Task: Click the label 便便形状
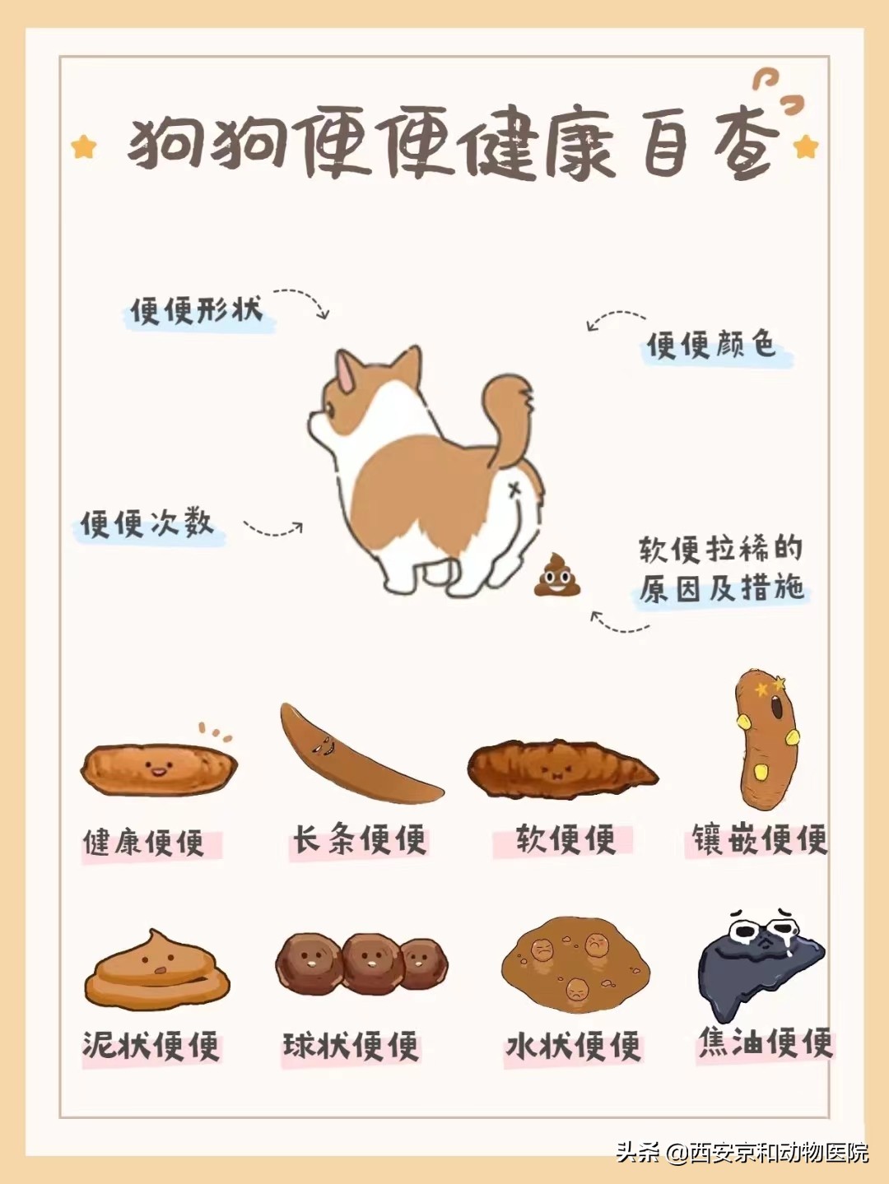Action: pos(196,311)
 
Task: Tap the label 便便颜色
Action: pos(711,345)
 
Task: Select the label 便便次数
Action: pos(147,523)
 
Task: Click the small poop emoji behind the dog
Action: pos(557,575)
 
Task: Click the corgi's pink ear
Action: pos(346,374)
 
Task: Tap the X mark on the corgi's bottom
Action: pos(515,490)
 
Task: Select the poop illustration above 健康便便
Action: pos(158,769)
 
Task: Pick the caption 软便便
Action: pos(565,840)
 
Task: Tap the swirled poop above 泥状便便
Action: pos(156,971)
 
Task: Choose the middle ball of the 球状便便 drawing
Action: pos(370,963)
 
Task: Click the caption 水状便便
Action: pos(573,1047)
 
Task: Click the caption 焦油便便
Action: pos(766,1043)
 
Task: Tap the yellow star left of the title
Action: pos(84,147)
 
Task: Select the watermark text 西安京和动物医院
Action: pos(779,1152)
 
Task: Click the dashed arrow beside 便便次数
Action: pos(273,529)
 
